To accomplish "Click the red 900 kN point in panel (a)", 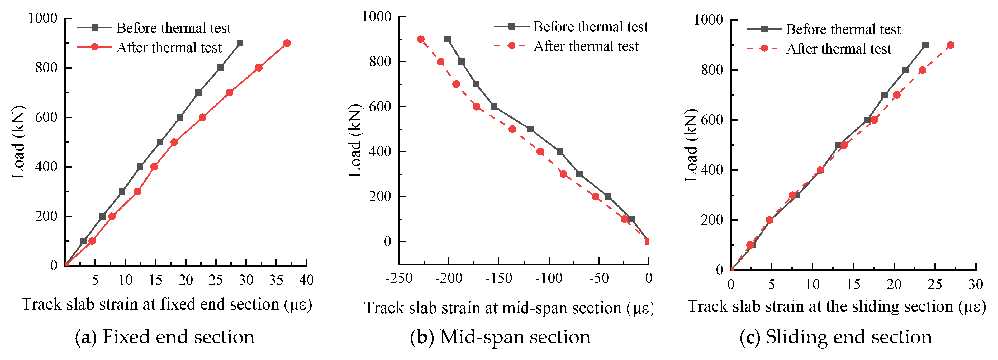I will point(287,43).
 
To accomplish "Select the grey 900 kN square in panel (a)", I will point(240,43).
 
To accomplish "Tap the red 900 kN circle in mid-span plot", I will point(420,39).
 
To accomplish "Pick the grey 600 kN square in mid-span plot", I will point(494,107).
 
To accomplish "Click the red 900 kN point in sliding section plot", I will point(950,45).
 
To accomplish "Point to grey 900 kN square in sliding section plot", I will point(925,45).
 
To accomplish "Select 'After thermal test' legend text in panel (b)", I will point(586,46).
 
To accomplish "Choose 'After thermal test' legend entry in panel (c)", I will point(839,49).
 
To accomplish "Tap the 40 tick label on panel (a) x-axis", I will point(306,280).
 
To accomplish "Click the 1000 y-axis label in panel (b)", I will point(377,17).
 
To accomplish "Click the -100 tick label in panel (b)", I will point(549,278).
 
